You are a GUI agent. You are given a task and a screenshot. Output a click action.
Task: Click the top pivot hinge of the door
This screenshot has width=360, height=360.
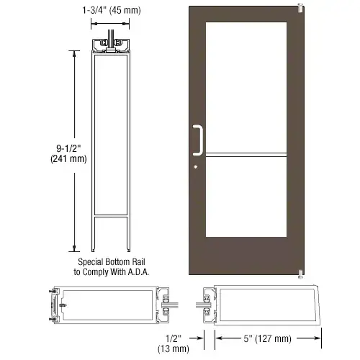(300, 9)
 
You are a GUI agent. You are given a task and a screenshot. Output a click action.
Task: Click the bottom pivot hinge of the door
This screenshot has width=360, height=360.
(300, 271)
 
